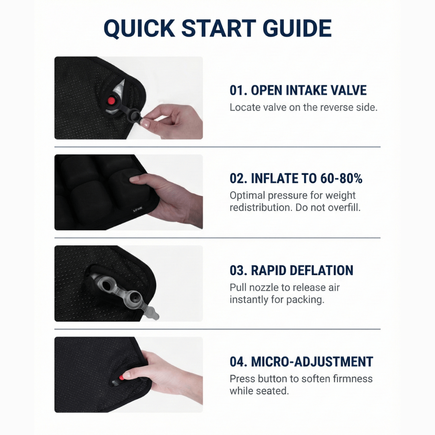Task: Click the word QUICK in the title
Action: pos(139,28)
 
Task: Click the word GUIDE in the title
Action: pos(297,28)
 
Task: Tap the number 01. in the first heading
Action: pos(238,91)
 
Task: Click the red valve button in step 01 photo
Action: pos(112,100)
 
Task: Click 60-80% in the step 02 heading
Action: pos(341,178)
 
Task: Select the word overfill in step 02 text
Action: pos(347,207)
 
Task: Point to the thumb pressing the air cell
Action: pos(138,179)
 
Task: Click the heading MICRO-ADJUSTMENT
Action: pos(301,362)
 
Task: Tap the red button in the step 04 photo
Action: pos(121,378)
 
